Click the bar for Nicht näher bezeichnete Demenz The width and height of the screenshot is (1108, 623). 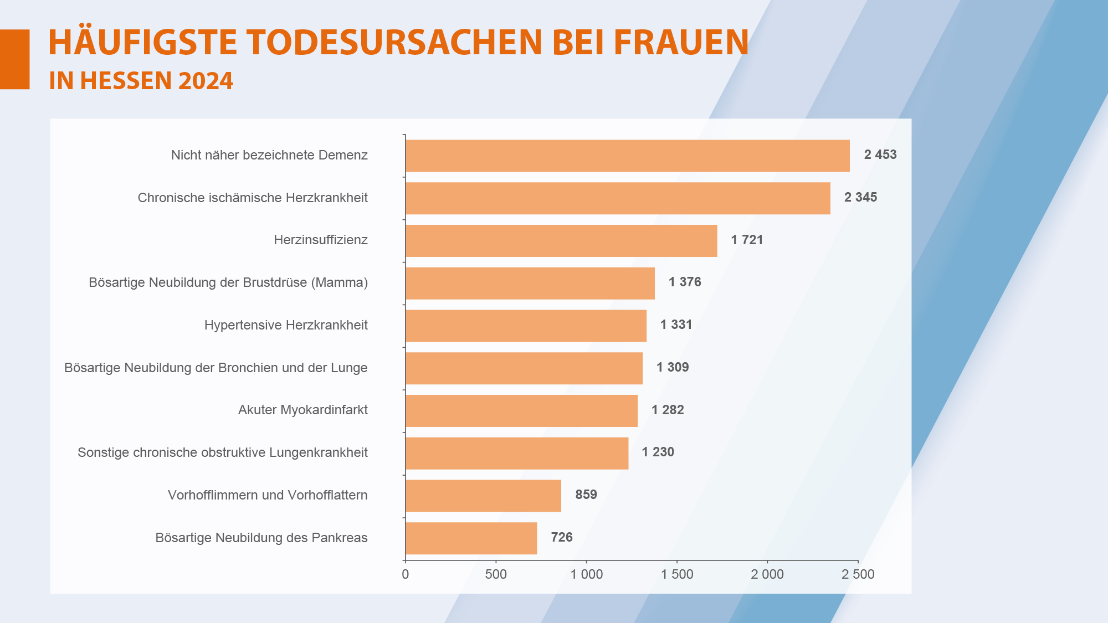coord(627,156)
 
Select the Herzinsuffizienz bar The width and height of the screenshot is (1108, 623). coord(561,241)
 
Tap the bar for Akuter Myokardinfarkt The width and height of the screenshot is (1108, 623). coord(521,411)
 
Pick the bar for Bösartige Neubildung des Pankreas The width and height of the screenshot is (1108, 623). coord(471,538)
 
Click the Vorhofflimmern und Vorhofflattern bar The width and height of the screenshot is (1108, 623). coord(483,496)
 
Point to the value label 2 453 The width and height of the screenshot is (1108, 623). coord(880,155)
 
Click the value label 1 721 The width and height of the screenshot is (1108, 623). coord(747,240)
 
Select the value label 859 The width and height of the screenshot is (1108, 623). coord(586,495)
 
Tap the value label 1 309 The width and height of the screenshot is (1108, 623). coord(673,367)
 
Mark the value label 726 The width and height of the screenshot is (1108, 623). coord(561,537)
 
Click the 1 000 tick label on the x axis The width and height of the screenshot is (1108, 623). coord(587,575)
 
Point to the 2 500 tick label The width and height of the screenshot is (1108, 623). coord(858,575)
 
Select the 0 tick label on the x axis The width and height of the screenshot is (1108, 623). coord(406,575)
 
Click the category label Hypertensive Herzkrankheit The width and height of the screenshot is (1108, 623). coord(286,325)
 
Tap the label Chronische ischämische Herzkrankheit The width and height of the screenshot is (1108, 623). coord(253,198)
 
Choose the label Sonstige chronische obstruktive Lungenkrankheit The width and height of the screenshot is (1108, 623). coord(223,452)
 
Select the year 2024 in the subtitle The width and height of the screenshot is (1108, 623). coord(206,81)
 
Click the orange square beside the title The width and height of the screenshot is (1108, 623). coord(14,59)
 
